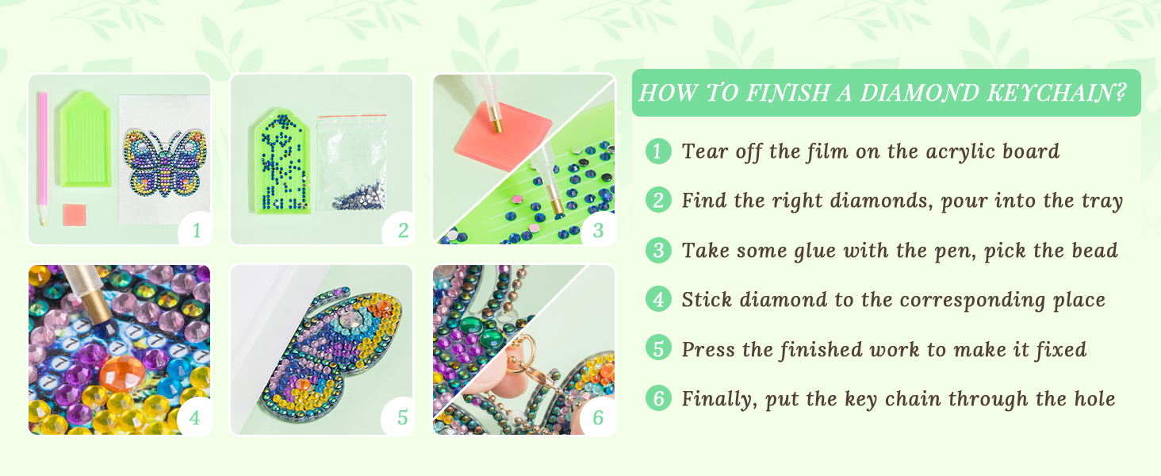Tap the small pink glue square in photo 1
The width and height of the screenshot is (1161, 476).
pos(74,215)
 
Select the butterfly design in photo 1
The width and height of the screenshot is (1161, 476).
pos(164,163)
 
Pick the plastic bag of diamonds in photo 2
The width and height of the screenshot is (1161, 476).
pos(351,162)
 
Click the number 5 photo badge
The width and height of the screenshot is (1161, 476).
pos(402,417)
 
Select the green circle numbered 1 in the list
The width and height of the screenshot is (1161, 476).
pos(657,151)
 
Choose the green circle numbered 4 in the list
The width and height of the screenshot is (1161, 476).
pos(657,300)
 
